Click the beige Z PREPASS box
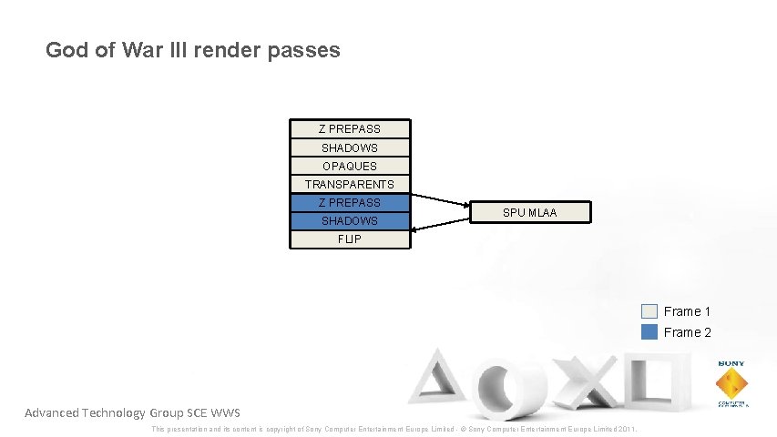tap(349, 129)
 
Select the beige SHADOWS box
tap(349, 147)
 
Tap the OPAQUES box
tap(349, 167)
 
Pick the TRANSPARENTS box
tap(349, 185)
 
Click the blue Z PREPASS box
tap(349, 203)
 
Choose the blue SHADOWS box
tap(349, 221)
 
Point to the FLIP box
tap(349, 239)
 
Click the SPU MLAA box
tap(530, 213)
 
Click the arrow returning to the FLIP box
tap(440, 231)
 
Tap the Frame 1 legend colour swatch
tap(649, 311)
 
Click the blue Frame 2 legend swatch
tap(649, 332)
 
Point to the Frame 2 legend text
tap(688, 332)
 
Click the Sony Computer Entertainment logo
tap(731, 383)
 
